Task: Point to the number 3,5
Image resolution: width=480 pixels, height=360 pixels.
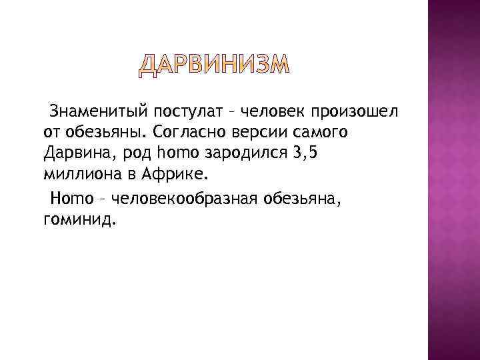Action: (x=329, y=154)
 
